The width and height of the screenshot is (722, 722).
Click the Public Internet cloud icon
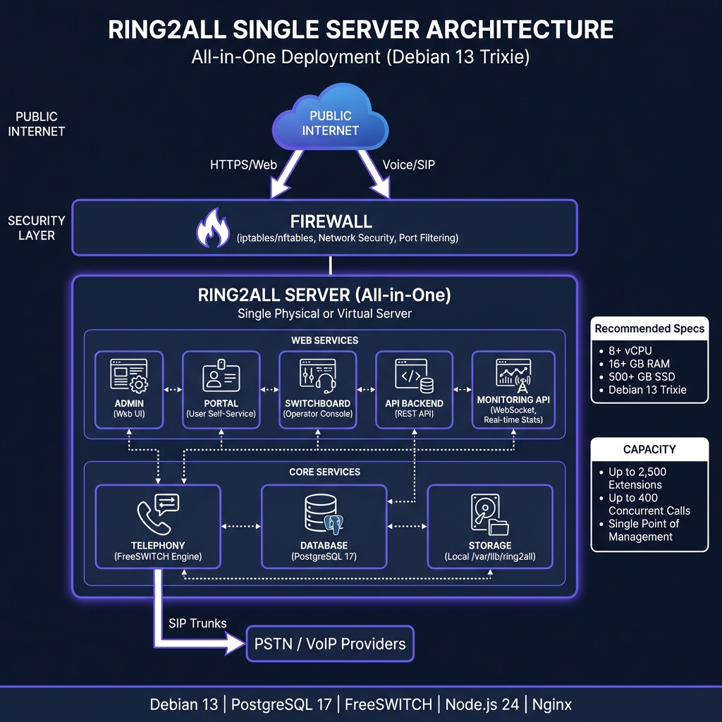point(330,123)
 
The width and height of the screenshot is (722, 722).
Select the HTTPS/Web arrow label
point(242,165)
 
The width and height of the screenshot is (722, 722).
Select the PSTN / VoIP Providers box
point(329,643)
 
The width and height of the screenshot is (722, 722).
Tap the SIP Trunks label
point(197,623)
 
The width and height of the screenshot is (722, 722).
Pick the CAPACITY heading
point(649,449)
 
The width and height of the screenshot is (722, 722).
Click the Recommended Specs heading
point(649,329)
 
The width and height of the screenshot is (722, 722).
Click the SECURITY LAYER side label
point(37,228)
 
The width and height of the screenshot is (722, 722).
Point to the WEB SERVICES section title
point(324,341)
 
